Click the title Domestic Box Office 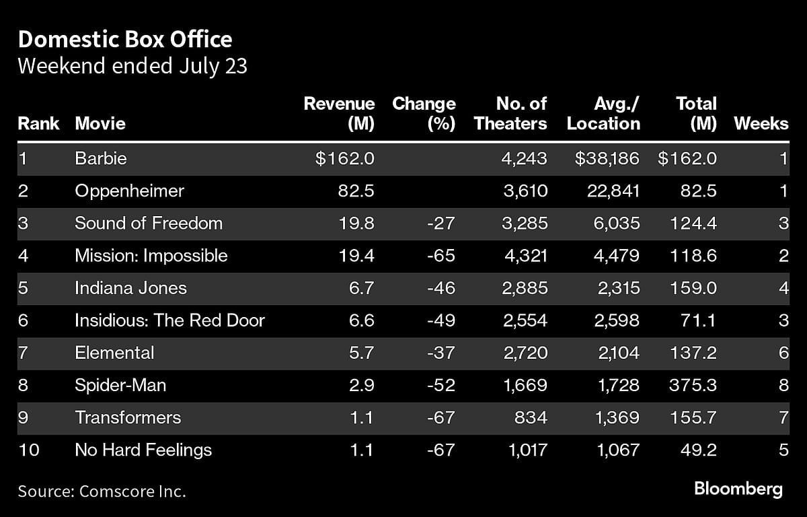[125, 40]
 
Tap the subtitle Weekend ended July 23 [132, 67]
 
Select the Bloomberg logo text [738, 489]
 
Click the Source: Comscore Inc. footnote [102, 491]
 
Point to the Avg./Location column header [603, 114]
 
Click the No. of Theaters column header [511, 114]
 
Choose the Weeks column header [761, 124]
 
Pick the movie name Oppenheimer [129, 191]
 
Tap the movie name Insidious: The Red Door [169, 320]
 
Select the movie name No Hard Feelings [143, 450]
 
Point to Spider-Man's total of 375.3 [693, 385]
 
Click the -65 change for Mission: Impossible [440, 256]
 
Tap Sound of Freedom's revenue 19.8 [357, 223]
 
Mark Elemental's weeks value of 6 [783, 353]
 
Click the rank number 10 [28, 450]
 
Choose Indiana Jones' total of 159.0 [693, 288]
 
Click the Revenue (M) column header [339, 114]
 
